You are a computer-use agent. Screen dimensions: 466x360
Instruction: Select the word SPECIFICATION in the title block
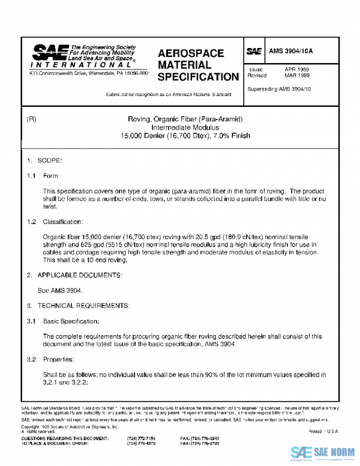click(198, 77)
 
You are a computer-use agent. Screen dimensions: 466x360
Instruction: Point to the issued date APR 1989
click(296, 70)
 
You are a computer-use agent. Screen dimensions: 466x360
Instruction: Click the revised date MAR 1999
click(296, 76)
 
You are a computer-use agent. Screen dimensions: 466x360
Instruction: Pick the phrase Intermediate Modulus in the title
click(184, 127)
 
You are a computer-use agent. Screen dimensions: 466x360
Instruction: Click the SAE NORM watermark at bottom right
click(324, 452)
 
